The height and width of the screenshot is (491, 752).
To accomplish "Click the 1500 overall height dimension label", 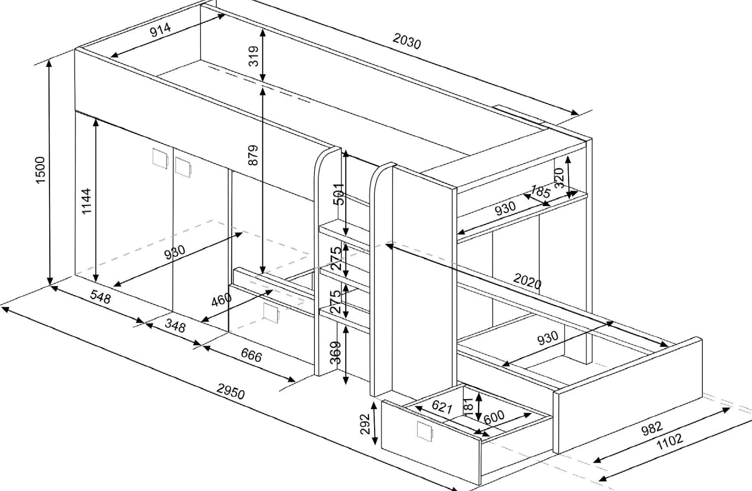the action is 41,170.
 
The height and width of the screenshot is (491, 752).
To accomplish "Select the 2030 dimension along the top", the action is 406,41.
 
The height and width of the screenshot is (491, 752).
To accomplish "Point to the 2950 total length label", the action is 230,391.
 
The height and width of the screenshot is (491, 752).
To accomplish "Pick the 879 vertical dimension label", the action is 253,155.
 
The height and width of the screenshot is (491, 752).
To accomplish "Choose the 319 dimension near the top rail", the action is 254,56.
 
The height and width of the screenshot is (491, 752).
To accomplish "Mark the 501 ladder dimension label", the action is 339,194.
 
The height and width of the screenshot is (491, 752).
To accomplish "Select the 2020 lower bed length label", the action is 528,281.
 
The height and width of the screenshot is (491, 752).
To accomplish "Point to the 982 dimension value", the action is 652,428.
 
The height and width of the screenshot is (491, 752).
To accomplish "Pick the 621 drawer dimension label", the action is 442,407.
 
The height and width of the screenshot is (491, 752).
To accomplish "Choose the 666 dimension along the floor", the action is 251,355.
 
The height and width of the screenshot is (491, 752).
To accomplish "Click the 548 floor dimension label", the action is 100,297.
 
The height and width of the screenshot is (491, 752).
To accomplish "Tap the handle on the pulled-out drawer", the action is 425,431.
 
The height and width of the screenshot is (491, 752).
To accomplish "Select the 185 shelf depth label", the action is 540,191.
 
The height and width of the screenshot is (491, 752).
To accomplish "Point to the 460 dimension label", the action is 221,300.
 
